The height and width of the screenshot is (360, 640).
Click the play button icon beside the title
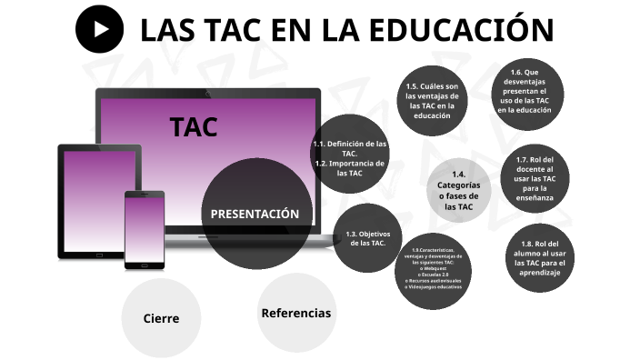point(99,30)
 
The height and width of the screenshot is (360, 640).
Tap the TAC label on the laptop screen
point(194,127)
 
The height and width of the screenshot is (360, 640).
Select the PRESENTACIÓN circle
point(254,214)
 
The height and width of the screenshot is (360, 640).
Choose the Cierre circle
point(161,318)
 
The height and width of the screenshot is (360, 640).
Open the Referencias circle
point(295,313)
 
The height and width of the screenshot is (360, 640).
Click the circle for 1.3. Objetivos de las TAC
point(367,238)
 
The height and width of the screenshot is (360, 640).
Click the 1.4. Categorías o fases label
point(459,191)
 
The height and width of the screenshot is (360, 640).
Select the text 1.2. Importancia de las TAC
point(350,168)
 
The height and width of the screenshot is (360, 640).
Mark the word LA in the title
point(346,31)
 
